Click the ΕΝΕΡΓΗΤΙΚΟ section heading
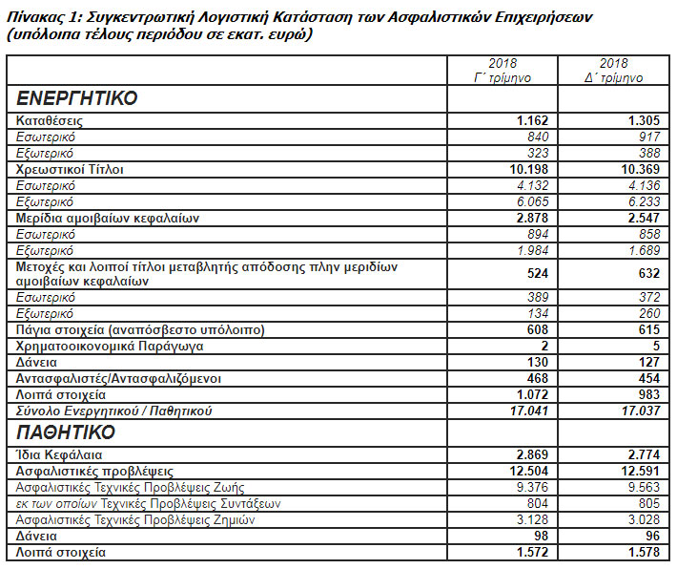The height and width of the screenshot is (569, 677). [77, 98]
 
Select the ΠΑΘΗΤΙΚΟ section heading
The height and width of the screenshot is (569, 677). [66, 432]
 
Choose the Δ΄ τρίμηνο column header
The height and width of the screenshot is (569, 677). [615, 70]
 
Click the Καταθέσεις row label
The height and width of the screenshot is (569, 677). [50, 121]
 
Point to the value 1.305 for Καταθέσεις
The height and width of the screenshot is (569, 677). [645, 121]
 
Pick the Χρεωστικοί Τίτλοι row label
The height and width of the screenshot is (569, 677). [71, 169]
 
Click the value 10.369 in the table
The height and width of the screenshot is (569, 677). [641, 169]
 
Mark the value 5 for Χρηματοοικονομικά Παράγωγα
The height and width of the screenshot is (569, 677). [657, 346]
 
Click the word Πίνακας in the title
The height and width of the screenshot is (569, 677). [35, 16]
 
